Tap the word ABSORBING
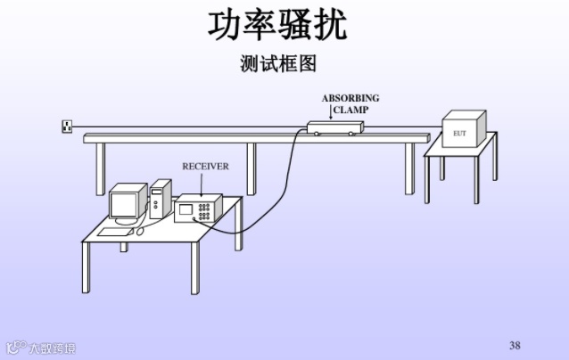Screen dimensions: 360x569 350,98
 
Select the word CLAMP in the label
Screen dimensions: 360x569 350,110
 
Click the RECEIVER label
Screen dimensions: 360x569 205,167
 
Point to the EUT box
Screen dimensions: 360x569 464,130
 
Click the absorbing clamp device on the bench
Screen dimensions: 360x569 334,128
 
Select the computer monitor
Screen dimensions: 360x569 128,203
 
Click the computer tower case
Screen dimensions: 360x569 161,199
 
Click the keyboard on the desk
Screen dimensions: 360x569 115,232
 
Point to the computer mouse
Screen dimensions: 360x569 140,232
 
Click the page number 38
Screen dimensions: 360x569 515,345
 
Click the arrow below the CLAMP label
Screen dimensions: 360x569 331,112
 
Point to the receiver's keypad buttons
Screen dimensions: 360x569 206,211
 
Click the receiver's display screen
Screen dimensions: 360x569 186,209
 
